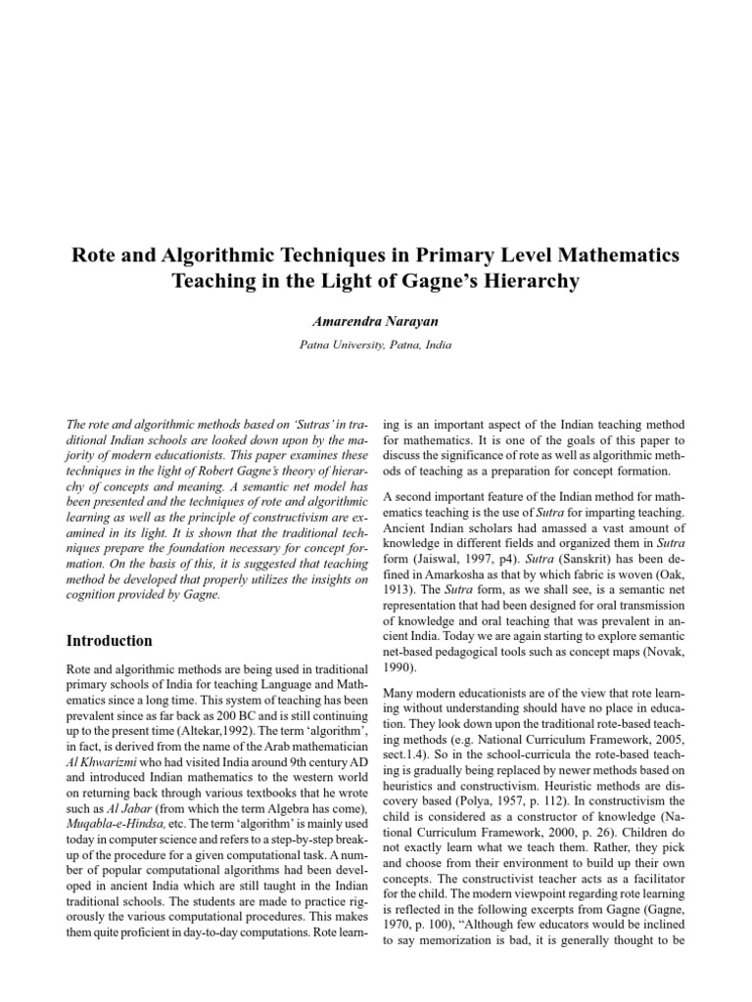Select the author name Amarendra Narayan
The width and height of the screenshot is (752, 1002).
click(375, 320)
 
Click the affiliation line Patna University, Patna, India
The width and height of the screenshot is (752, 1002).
click(375, 345)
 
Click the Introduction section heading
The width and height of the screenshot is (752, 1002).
click(109, 642)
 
